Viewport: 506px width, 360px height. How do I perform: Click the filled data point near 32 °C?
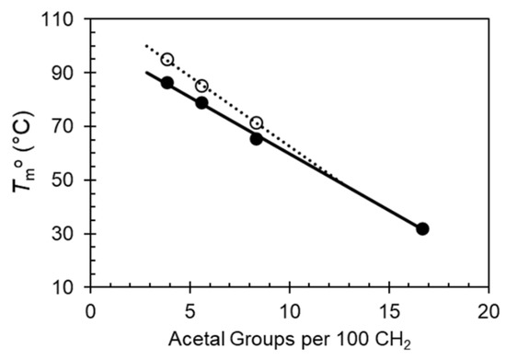tap(422, 228)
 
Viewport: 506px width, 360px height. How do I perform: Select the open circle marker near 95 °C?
tap(167, 59)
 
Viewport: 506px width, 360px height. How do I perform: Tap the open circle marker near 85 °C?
tap(201, 86)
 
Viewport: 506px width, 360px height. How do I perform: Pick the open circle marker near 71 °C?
tap(257, 122)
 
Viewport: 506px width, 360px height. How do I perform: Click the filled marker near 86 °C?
tap(167, 83)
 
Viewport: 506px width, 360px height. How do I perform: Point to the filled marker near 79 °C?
tap(201, 102)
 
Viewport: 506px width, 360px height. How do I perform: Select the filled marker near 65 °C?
tap(257, 139)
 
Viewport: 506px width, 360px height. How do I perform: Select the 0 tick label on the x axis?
tap(90, 310)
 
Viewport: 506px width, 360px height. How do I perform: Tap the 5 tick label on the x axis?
tap(190, 310)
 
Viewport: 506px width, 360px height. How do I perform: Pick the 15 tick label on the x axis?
tap(388, 310)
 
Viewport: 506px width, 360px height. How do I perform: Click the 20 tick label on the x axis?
tap(488, 310)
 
